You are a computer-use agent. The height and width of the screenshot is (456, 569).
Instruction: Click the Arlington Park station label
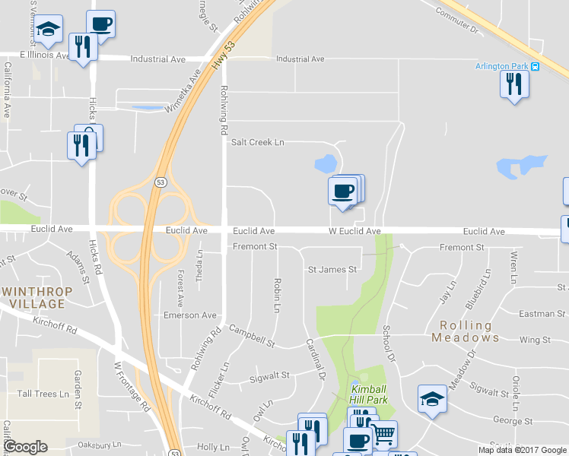(x=502, y=66)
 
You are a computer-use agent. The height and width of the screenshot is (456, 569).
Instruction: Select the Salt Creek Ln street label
(x=257, y=142)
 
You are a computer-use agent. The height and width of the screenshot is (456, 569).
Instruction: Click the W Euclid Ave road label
(x=354, y=231)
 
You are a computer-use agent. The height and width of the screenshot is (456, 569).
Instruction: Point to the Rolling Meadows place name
(x=466, y=331)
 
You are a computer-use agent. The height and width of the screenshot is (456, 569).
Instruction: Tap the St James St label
(x=332, y=270)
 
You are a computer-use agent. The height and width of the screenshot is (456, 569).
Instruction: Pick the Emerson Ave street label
(x=190, y=315)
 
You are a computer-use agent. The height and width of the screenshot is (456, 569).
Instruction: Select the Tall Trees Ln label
(x=43, y=394)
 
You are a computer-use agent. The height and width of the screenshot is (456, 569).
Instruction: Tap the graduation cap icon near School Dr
(x=431, y=398)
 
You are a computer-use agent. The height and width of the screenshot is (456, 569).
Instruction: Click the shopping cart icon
(x=383, y=434)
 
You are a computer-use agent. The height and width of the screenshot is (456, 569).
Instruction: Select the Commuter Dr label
(x=457, y=21)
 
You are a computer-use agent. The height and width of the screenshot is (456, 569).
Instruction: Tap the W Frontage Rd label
(x=132, y=386)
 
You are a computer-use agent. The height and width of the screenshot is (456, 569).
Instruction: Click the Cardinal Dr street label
(x=314, y=359)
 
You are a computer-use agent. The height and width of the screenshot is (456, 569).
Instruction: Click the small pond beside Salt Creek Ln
(x=326, y=163)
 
